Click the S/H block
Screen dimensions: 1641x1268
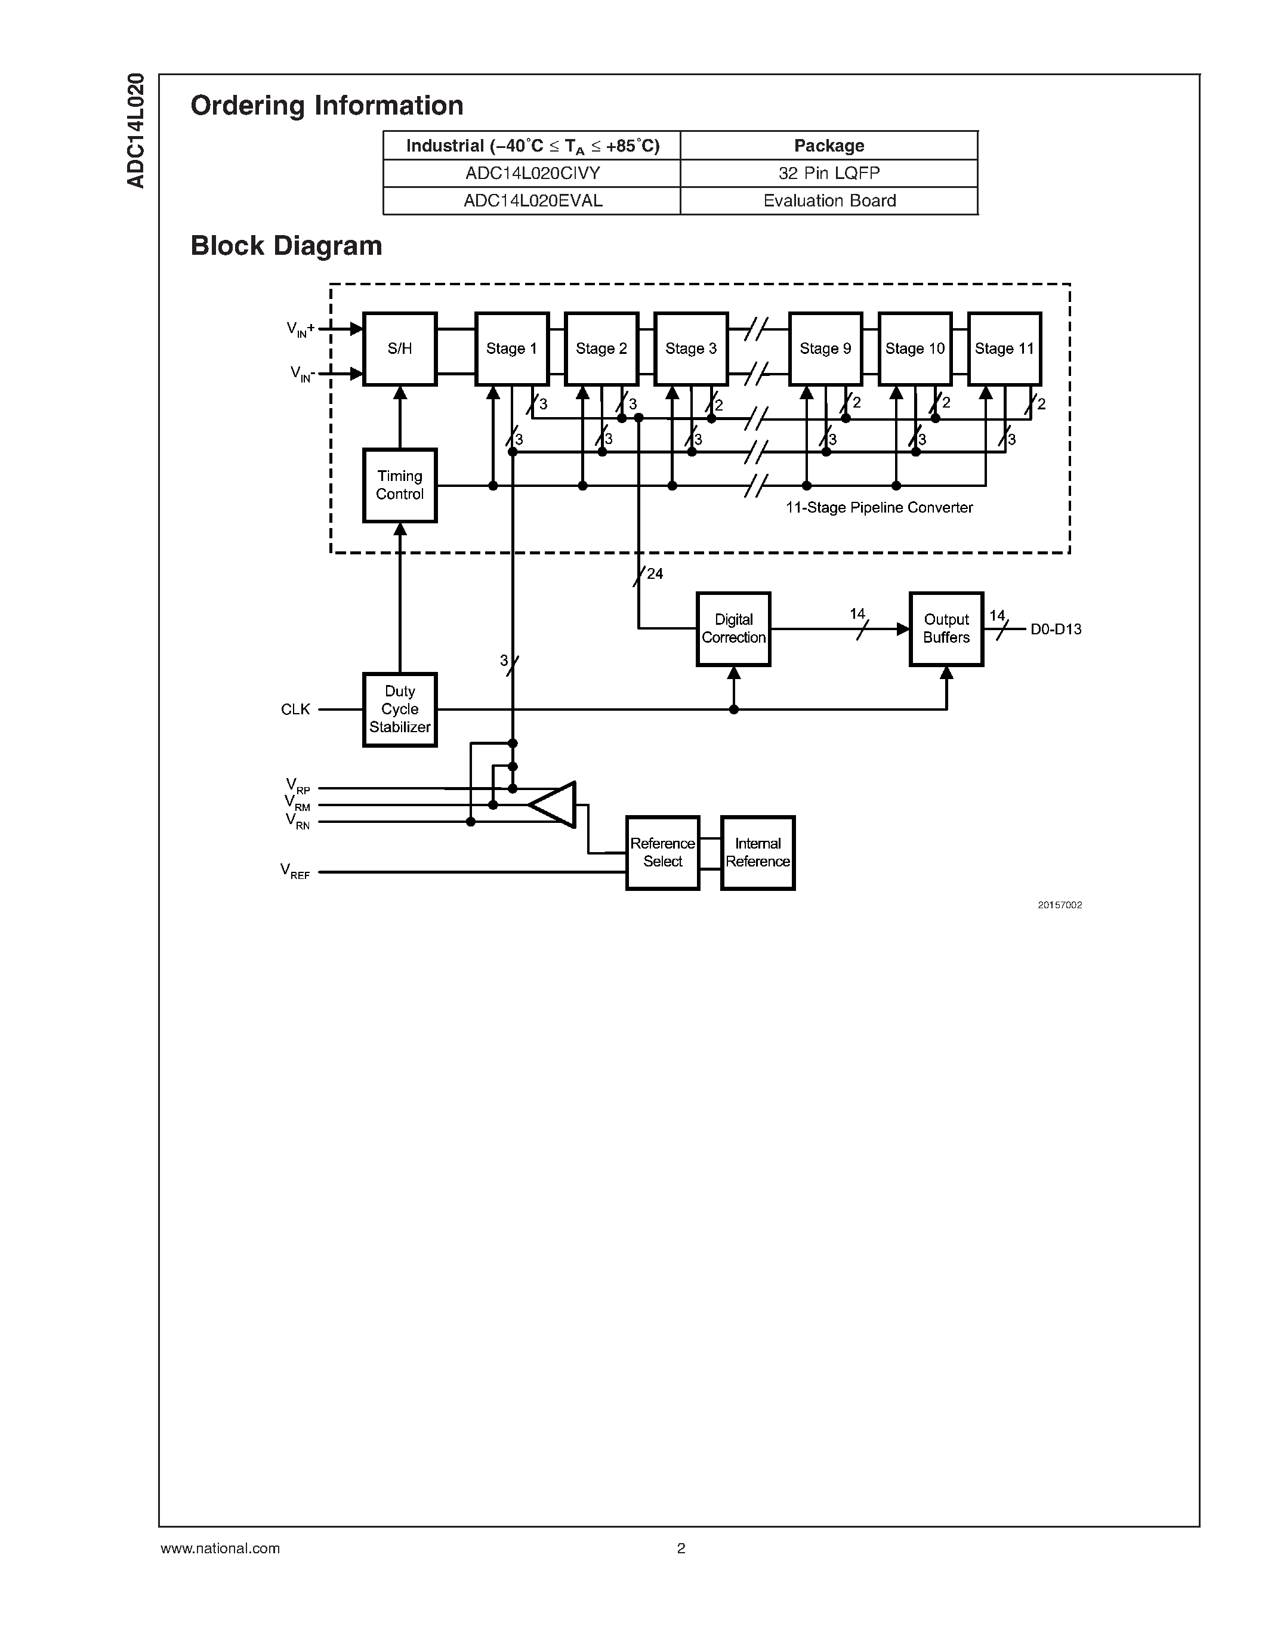click(400, 348)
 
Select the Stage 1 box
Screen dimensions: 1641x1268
click(511, 348)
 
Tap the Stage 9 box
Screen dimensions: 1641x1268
click(825, 348)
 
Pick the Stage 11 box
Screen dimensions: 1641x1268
click(1004, 348)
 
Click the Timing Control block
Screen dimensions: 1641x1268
click(400, 485)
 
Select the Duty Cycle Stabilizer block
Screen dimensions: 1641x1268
click(400, 710)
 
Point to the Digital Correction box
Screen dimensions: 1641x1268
click(733, 629)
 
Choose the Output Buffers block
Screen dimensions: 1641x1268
click(946, 629)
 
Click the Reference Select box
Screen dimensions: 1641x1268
click(662, 853)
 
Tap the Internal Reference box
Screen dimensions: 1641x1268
click(757, 853)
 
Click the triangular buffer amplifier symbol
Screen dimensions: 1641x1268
click(554, 805)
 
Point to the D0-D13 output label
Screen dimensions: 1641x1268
click(1056, 630)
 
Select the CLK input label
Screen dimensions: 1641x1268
click(295, 710)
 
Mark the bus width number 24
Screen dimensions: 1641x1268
click(655, 574)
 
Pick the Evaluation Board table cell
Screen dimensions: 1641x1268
click(829, 201)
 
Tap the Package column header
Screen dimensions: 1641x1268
click(829, 146)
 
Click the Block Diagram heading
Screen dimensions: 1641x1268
click(286, 246)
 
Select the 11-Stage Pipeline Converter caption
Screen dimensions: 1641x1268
click(879, 508)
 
